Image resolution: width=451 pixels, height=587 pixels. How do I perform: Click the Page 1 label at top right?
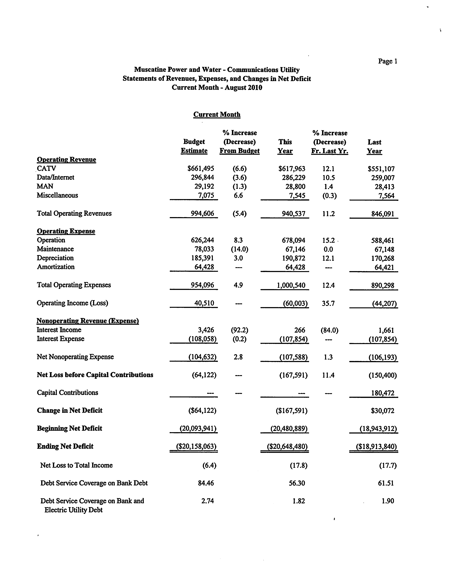pyautogui.click(x=387, y=61)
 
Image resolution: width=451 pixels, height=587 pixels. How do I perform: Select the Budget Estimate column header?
pyautogui.click(x=194, y=146)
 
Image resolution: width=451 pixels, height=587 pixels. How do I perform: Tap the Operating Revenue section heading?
pyautogui.click(x=66, y=160)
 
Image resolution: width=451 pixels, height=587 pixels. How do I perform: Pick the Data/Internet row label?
pyautogui.click(x=55, y=177)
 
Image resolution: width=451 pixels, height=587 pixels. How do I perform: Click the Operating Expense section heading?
pyautogui.click(x=66, y=231)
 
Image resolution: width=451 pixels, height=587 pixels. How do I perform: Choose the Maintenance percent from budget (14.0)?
pyautogui.click(x=240, y=249)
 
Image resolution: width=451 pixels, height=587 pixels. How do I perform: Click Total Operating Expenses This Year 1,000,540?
pyautogui.click(x=291, y=285)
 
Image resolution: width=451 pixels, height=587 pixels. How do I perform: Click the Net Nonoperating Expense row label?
pyautogui.click(x=75, y=357)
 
